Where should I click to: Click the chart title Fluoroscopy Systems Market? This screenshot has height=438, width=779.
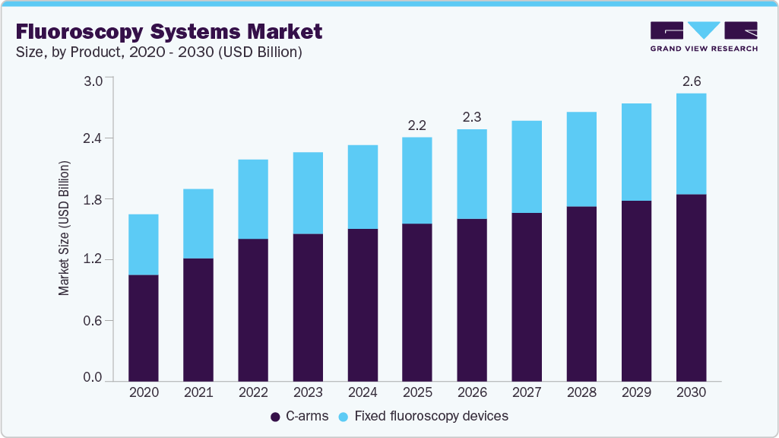(169, 31)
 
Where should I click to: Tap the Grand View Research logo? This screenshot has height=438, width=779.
(704, 36)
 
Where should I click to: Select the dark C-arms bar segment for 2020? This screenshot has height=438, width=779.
(144, 328)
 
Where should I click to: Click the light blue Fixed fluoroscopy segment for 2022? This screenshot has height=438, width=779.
(253, 199)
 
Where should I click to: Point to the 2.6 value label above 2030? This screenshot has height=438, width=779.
(692, 81)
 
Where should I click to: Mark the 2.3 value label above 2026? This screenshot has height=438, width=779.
(472, 117)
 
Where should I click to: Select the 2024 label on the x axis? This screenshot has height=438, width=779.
(363, 392)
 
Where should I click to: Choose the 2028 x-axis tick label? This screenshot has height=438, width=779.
(581, 392)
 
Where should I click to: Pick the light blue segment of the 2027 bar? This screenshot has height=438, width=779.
(527, 167)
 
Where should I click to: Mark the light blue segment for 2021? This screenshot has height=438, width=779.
(198, 224)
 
